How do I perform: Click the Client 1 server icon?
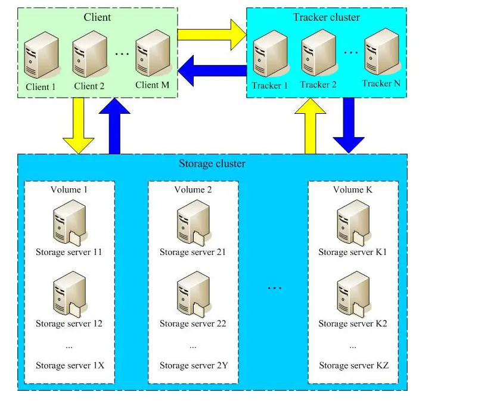(x=42, y=55)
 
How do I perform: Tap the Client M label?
(x=152, y=85)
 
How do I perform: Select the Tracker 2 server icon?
(x=319, y=53)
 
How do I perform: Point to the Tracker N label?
(x=381, y=83)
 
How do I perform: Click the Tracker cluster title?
(x=327, y=17)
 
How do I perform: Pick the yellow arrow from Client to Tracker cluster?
(x=212, y=35)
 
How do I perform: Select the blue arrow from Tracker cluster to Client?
(x=212, y=70)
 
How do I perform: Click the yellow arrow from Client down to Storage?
(x=79, y=126)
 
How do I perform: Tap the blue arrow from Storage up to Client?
(x=114, y=126)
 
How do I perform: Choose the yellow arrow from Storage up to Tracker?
(x=310, y=126)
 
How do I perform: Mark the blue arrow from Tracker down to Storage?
(x=349, y=126)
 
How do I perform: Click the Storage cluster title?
(x=212, y=164)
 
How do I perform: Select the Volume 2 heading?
(x=193, y=189)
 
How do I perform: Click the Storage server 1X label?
(x=70, y=365)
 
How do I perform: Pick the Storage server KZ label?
(x=354, y=365)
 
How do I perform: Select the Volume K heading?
(x=353, y=189)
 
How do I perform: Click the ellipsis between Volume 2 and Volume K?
(x=275, y=288)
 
